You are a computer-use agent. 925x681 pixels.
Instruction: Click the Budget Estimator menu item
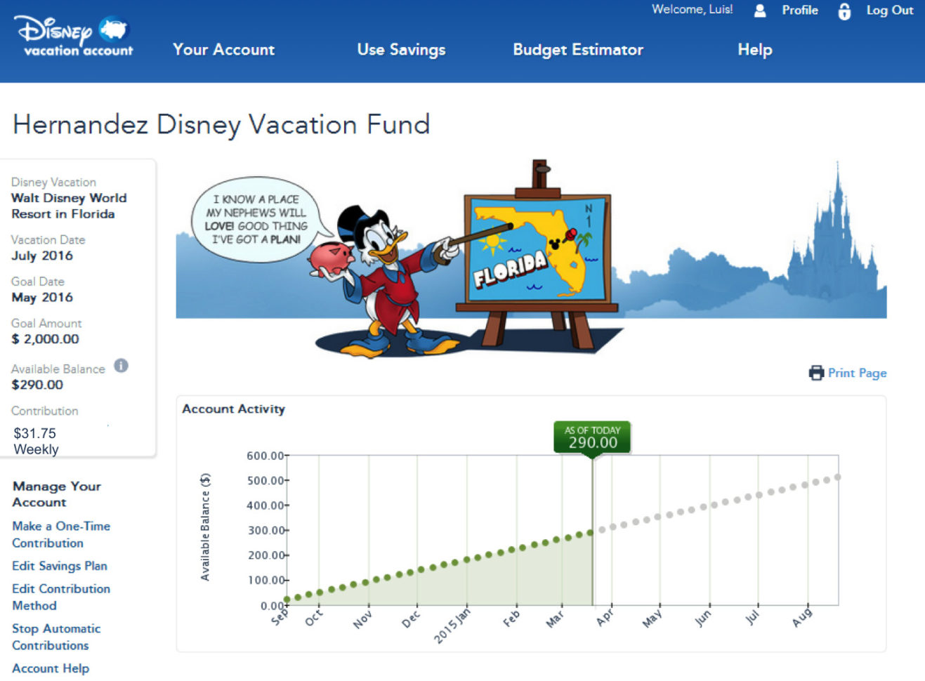tap(577, 50)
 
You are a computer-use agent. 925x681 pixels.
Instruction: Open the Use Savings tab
tap(401, 50)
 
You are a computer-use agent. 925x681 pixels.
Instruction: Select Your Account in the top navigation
tap(223, 50)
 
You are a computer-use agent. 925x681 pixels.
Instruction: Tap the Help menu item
tap(754, 50)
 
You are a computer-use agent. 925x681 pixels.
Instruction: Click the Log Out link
tap(889, 11)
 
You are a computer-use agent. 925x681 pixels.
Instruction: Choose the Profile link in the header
tap(799, 11)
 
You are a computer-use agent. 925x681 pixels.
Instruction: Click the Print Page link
tap(856, 373)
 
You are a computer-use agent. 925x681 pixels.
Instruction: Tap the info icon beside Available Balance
tap(122, 366)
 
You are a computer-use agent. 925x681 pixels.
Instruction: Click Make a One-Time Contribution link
tap(61, 534)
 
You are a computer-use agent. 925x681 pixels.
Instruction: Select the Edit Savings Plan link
tap(60, 566)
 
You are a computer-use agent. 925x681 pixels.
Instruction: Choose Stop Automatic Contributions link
tap(56, 637)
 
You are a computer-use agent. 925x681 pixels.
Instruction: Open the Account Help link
tap(51, 668)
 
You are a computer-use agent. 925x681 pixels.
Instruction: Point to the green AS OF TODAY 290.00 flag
tap(592, 437)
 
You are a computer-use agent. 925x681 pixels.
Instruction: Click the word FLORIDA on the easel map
tap(509, 269)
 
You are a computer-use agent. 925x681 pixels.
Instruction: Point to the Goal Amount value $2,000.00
tap(46, 339)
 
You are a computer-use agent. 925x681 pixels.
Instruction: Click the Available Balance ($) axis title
tap(205, 527)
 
